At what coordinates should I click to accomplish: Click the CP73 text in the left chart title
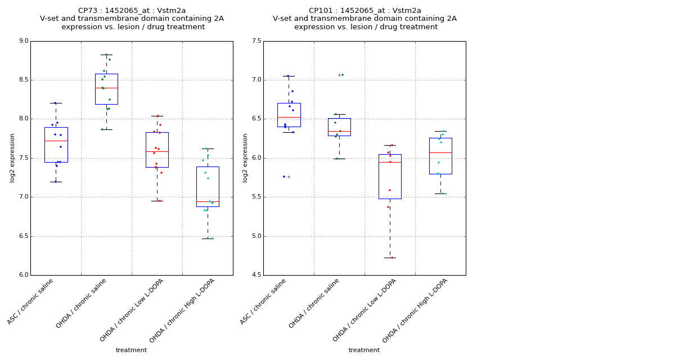[x=88, y=11]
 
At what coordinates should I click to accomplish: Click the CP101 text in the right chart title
[x=321, y=11]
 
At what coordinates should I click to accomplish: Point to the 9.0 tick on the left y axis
[x=24, y=41]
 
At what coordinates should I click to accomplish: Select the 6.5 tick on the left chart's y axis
[x=24, y=236]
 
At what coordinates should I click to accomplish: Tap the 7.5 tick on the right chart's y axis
[x=256, y=41]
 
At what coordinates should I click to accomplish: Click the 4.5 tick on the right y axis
[x=256, y=275]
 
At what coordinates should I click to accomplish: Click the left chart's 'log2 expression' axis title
[x=12, y=157]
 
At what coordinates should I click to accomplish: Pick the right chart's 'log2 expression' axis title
[x=245, y=157]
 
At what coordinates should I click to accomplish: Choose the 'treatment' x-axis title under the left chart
[x=131, y=350]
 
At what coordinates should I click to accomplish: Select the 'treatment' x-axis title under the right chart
[x=364, y=350]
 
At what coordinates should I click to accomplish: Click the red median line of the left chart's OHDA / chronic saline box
[x=106, y=88]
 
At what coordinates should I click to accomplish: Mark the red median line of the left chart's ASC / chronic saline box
[x=56, y=141]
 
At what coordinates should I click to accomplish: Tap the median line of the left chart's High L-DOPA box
[x=208, y=201]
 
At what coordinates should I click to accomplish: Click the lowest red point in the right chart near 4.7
[x=392, y=258]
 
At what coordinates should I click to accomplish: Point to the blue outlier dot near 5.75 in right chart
[x=284, y=177]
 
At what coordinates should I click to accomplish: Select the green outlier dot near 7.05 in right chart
[x=343, y=75]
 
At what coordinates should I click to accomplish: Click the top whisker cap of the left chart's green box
[x=106, y=55]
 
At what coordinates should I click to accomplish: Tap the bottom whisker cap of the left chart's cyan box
[x=208, y=238]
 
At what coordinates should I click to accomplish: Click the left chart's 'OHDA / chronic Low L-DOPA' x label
[x=132, y=310]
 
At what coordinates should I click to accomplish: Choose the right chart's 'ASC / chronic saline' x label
[x=264, y=302]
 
